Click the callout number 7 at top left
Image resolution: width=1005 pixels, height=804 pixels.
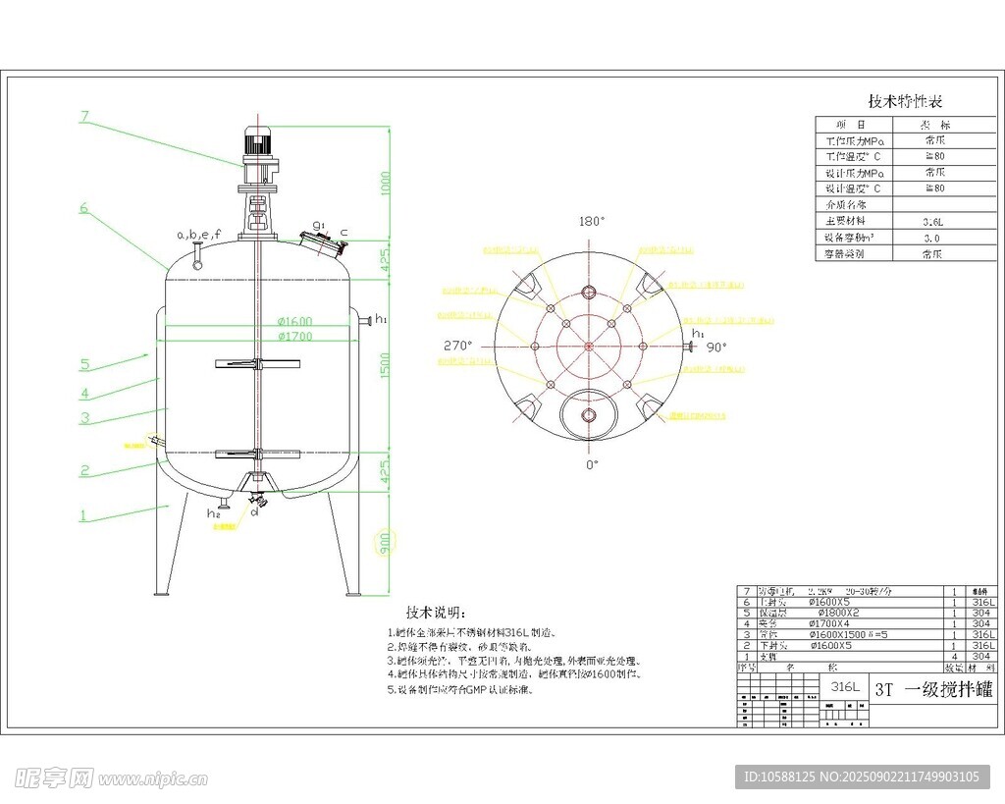[84, 116]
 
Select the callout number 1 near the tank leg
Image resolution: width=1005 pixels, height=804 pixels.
[82, 514]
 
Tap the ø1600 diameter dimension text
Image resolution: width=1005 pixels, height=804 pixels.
[294, 322]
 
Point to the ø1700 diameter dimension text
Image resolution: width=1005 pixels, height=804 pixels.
[294, 337]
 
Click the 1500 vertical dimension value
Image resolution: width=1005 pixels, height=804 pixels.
[386, 365]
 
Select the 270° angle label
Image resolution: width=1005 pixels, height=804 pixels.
[458, 346]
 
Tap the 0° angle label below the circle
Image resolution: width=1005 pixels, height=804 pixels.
[591, 463]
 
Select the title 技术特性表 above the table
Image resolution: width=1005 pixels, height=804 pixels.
[905, 101]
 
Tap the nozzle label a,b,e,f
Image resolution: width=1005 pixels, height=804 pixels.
[198, 235]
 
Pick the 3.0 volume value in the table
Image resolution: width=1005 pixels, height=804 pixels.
[931, 238]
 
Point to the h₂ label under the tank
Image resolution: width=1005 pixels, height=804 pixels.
[213, 513]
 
